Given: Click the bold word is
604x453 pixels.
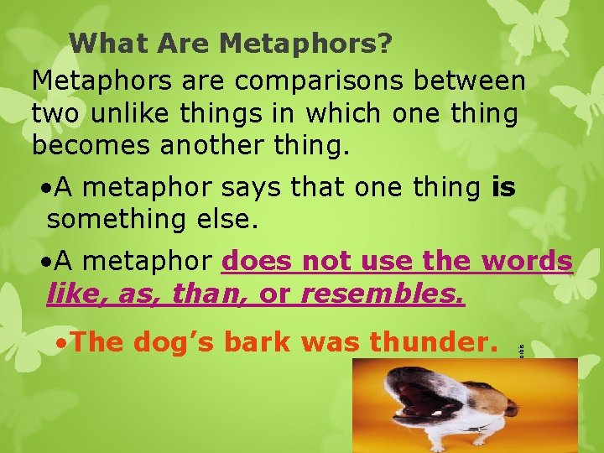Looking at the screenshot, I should pos(502,189).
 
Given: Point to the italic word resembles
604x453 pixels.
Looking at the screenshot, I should pos(382,294).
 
